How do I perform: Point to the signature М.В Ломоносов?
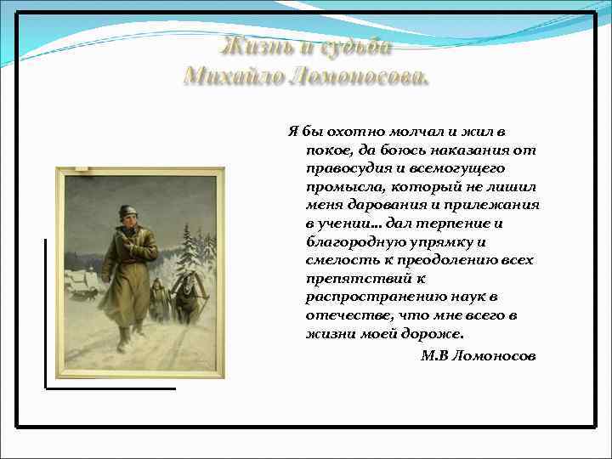point(479,354)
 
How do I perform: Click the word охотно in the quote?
point(353,133)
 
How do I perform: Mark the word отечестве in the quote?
point(343,314)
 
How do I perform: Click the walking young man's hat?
point(127,210)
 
